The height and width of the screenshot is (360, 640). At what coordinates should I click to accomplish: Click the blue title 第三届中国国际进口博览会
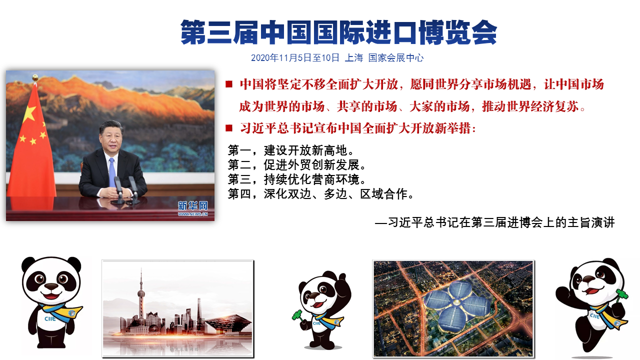[x=338, y=32]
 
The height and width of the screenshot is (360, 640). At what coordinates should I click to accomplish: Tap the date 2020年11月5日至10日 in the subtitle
[x=295, y=58]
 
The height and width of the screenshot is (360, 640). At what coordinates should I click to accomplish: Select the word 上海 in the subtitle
[x=353, y=58]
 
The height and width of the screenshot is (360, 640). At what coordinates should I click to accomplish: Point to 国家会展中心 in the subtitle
[x=395, y=58]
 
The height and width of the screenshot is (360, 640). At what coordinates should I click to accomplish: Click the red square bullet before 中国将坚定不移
[x=229, y=84]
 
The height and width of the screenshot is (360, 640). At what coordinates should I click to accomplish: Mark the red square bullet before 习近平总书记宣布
[x=229, y=128]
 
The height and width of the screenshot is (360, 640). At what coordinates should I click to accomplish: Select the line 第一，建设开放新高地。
[x=291, y=150]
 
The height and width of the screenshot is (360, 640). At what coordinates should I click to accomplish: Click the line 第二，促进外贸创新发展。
[x=297, y=165]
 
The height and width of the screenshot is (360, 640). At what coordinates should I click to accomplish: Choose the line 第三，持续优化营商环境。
[x=297, y=179]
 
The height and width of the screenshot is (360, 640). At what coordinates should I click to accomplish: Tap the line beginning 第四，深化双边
[x=321, y=194]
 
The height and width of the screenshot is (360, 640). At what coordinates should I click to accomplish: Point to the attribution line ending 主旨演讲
[x=495, y=222]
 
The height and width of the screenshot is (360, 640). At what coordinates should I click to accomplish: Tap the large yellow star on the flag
[x=29, y=113]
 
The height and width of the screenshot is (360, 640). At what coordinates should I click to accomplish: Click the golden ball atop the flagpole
[x=35, y=77]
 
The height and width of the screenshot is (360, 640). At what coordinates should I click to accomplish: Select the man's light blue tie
[x=112, y=172]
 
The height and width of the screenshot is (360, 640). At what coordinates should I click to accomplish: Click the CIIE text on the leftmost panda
[x=50, y=319]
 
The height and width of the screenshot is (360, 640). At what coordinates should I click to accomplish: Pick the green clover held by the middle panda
[x=297, y=315]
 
